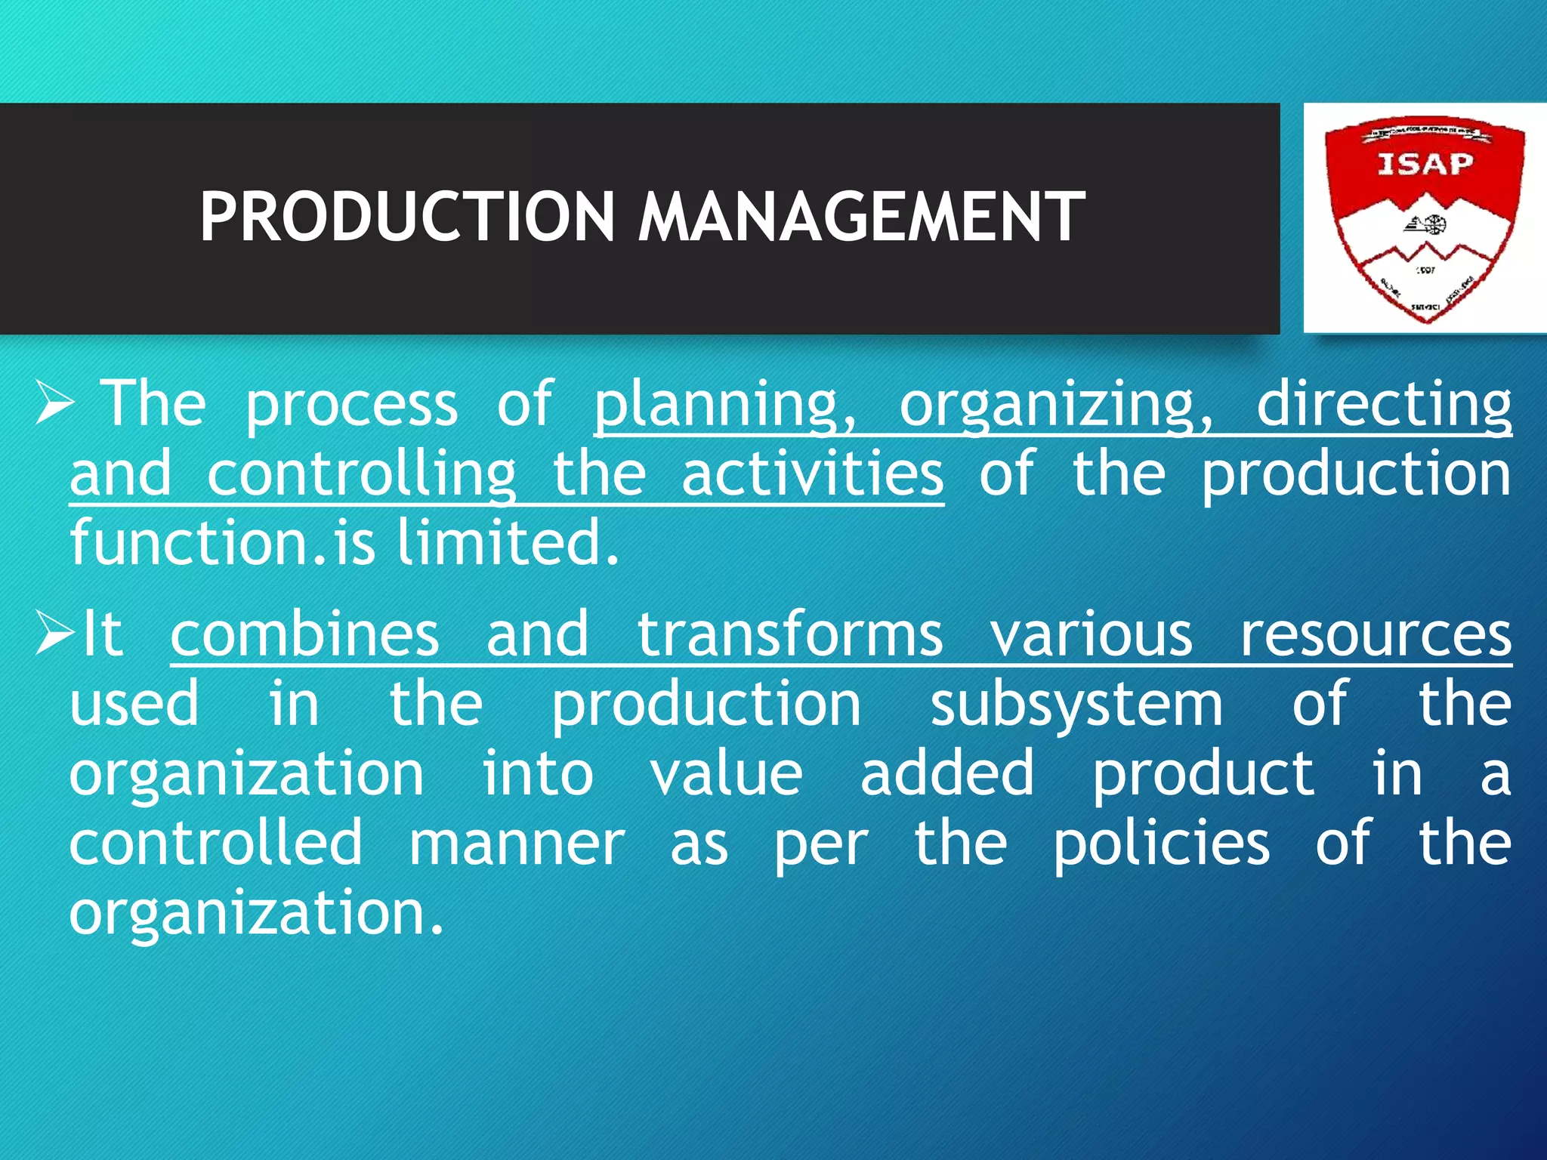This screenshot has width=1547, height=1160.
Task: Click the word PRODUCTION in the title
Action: (407, 217)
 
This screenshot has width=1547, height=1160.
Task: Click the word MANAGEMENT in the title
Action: (862, 217)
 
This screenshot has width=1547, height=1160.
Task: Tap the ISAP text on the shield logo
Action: (1425, 164)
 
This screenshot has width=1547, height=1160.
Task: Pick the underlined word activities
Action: (812, 476)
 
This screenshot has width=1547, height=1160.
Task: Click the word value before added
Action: (727, 774)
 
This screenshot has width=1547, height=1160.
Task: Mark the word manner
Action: (517, 844)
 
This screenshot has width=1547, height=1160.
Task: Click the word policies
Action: (1162, 844)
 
